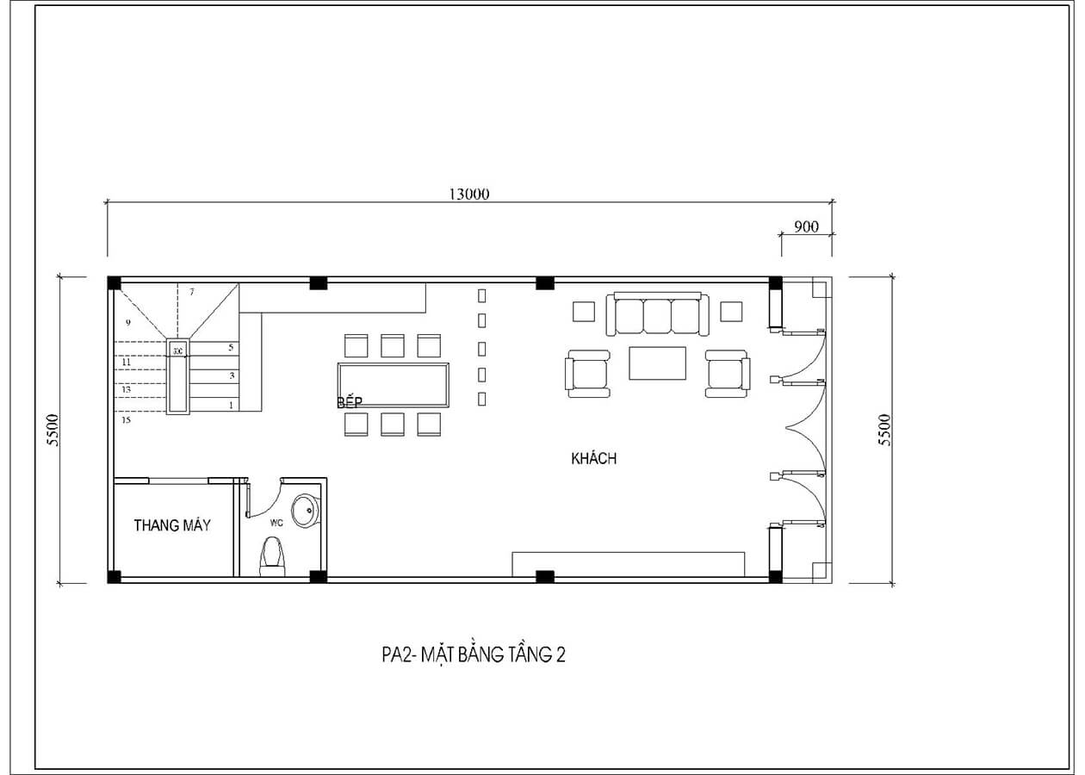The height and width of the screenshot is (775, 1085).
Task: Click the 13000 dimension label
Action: tap(468, 194)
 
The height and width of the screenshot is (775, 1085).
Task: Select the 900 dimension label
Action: tap(806, 226)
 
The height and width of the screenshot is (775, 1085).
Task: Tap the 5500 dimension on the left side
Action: tap(53, 429)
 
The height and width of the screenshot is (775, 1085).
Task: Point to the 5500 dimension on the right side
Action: tap(884, 429)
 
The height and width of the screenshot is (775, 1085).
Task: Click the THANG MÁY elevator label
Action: tap(172, 525)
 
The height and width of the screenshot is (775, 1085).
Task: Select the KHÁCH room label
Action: tap(593, 459)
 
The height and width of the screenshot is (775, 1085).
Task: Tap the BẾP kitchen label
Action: tap(349, 402)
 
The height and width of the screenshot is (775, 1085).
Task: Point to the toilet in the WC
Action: tap(273, 555)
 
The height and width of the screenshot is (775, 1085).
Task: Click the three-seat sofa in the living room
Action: tap(658, 315)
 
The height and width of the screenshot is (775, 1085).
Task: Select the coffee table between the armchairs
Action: tap(657, 363)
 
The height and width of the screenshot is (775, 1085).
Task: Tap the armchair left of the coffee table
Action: tap(586, 374)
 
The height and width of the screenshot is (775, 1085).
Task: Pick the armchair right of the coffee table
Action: tap(727, 374)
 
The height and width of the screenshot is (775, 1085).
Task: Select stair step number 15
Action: tap(127, 420)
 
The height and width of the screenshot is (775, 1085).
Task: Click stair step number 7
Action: tap(191, 292)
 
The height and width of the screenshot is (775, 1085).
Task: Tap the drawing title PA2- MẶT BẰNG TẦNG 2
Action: tap(474, 655)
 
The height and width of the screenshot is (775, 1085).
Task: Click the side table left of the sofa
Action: tap(584, 311)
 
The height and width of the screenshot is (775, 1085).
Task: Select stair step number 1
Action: tap(231, 404)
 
